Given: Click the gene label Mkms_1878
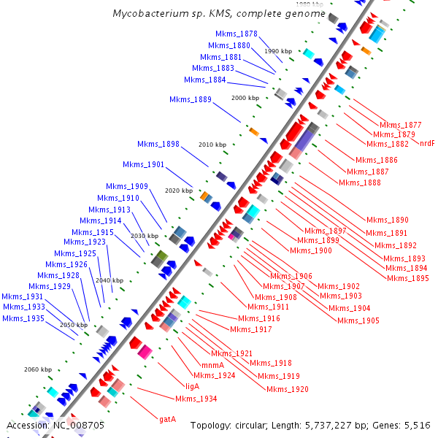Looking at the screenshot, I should tap(237, 34).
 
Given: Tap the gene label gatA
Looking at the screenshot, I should tap(168, 419).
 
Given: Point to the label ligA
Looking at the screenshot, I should tap(193, 386).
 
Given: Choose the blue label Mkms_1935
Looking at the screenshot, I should tap(23, 318).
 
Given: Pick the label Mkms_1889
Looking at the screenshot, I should tap(191, 99).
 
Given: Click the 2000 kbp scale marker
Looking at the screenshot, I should tap(245, 97).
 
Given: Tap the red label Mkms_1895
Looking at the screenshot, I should tap(408, 278).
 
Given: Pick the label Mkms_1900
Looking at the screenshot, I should tap(311, 250).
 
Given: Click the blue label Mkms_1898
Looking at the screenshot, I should tap(158, 144).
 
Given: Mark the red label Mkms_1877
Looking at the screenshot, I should tap(401, 125).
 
